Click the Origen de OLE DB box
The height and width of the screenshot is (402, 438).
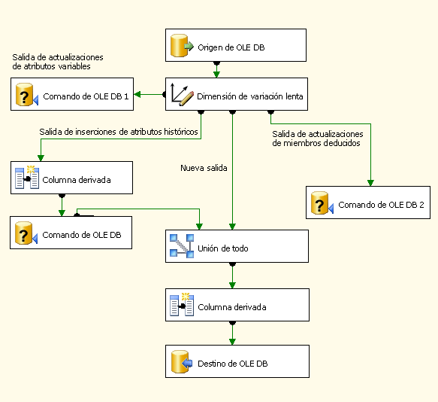[x=235, y=45]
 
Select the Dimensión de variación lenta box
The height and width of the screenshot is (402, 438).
[x=235, y=95]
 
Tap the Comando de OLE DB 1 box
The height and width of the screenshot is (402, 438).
[x=73, y=96]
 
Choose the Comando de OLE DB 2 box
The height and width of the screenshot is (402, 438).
[x=367, y=203]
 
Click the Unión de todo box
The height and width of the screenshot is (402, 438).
[x=237, y=246]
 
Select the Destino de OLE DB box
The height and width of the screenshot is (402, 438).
[x=237, y=362]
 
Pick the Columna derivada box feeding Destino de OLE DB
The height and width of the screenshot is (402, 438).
[x=237, y=306]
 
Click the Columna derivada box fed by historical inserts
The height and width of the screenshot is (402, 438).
[x=72, y=178]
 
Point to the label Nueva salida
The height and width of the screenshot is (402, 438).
[x=204, y=167]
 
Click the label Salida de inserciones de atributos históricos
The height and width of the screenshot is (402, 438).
[x=119, y=132]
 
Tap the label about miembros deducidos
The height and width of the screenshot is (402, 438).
[x=317, y=139]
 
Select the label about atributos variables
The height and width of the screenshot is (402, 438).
[x=57, y=62]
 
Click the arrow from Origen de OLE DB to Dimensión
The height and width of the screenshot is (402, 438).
[x=216, y=69]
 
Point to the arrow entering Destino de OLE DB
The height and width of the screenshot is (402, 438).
[x=233, y=333]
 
